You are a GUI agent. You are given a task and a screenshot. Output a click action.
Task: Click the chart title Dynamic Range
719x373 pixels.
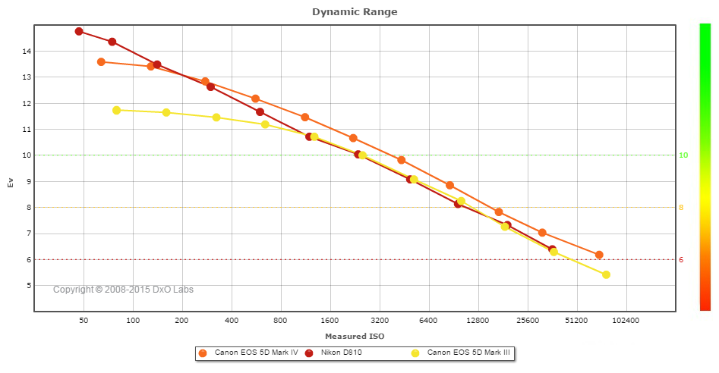click(x=355, y=12)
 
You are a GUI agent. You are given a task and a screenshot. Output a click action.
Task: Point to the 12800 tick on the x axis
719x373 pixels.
click(x=478, y=321)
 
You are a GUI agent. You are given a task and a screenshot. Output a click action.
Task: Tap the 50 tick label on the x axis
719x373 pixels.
click(x=84, y=321)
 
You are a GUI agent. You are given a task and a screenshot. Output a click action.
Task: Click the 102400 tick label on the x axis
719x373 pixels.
click(x=626, y=321)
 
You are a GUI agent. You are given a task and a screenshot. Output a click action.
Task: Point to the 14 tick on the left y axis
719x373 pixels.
click(x=28, y=52)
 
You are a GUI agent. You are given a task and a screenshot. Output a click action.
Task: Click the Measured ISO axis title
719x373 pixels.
click(x=355, y=336)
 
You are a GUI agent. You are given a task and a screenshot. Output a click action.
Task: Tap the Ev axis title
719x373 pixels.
click(x=11, y=182)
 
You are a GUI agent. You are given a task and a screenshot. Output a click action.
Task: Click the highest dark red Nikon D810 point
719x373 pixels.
click(x=79, y=32)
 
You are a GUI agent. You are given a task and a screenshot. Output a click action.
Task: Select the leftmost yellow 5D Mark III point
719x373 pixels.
click(x=116, y=111)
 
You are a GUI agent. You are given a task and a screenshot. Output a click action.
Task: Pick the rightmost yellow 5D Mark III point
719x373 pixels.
click(x=606, y=274)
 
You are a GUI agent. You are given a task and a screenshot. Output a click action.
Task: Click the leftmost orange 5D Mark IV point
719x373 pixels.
click(x=101, y=62)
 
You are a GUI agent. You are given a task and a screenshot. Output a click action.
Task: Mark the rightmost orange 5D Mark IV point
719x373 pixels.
click(x=599, y=255)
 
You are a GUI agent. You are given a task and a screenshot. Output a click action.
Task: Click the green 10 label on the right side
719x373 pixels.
click(x=683, y=155)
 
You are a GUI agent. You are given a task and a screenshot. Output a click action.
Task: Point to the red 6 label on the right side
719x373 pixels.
click(x=681, y=260)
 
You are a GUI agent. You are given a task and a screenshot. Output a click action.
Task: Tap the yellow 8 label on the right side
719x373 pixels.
click(x=681, y=208)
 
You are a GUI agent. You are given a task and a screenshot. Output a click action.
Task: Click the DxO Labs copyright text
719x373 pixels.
click(x=123, y=290)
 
